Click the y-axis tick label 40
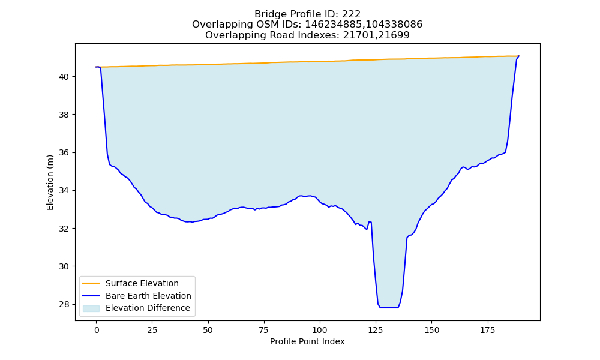click(x=64, y=77)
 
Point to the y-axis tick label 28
click(x=64, y=305)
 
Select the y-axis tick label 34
click(x=64, y=191)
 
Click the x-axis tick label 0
click(x=97, y=330)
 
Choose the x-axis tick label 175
click(x=487, y=330)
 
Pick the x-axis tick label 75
click(x=264, y=330)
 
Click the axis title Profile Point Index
click(x=307, y=341)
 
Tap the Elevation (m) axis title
click(x=50, y=182)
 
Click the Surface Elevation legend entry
click(x=142, y=283)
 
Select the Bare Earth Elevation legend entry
click(x=148, y=296)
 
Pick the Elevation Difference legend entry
click(x=148, y=308)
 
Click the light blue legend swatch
click(x=91, y=308)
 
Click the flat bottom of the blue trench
click(x=389, y=308)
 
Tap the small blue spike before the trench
click(x=370, y=222)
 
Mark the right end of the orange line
click(x=519, y=56)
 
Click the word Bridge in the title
click(x=267, y=14)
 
